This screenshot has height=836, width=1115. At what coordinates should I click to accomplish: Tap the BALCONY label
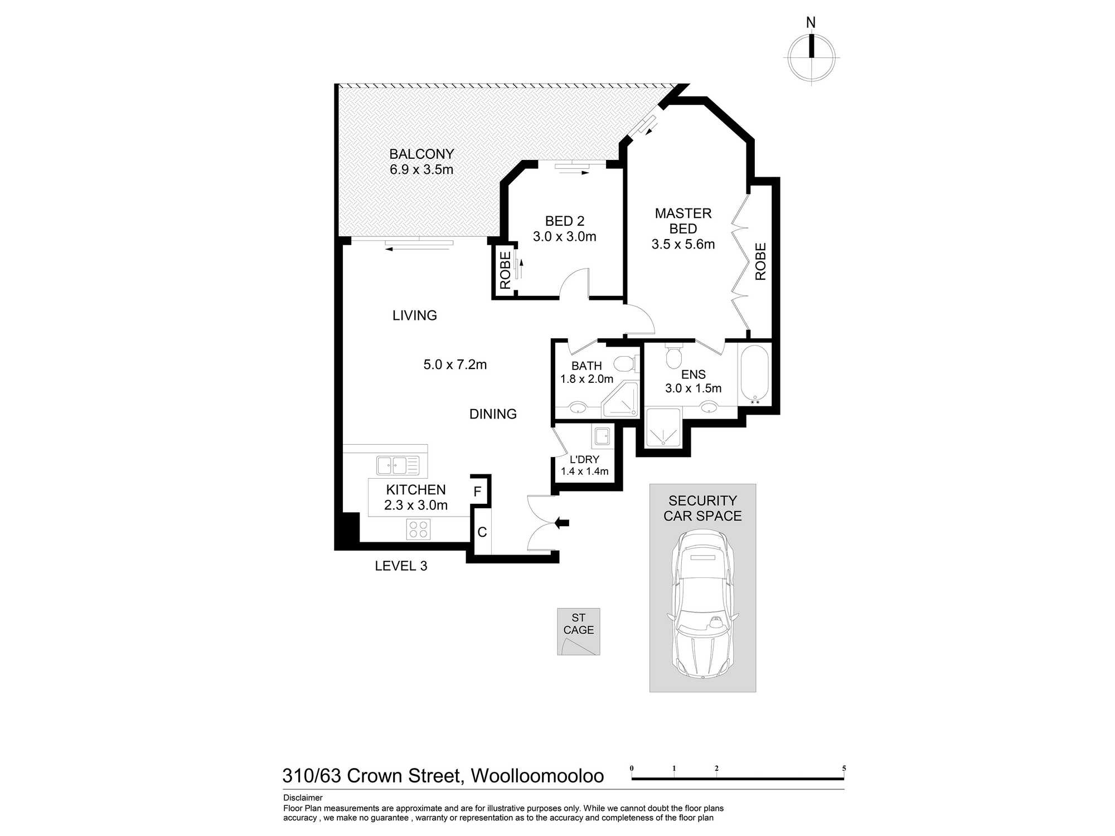tap(421, 154)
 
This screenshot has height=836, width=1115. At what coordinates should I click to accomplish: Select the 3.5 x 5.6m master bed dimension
tap(683, 244)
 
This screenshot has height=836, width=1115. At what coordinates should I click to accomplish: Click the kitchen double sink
tap(397, 465)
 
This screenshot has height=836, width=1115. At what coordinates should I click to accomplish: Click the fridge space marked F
tap(478, 492)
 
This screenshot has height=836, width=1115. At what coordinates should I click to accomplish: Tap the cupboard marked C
tap(482, 532)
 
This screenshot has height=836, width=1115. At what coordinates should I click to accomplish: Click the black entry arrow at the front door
tap(562, 523)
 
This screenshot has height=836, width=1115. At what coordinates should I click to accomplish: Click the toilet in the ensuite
tap(674, 353)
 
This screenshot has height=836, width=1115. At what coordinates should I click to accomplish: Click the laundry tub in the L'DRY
tap(602, 436)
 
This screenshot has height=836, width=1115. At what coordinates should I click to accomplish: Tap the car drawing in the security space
tap(702, 604)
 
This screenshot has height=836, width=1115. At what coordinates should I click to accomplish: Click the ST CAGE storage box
tap(579, 631)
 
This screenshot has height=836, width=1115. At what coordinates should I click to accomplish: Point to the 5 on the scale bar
tap(844, 768)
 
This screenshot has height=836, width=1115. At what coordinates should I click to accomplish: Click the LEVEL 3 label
tap(401, 566)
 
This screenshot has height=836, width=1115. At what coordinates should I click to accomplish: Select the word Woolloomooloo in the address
tap(537, 775)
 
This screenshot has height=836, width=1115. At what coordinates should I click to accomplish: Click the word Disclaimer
tap(303, 798)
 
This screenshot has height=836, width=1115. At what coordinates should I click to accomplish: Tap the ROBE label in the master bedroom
tap(760, 261)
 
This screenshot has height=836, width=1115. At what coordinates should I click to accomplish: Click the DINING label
tap(493, 414)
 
